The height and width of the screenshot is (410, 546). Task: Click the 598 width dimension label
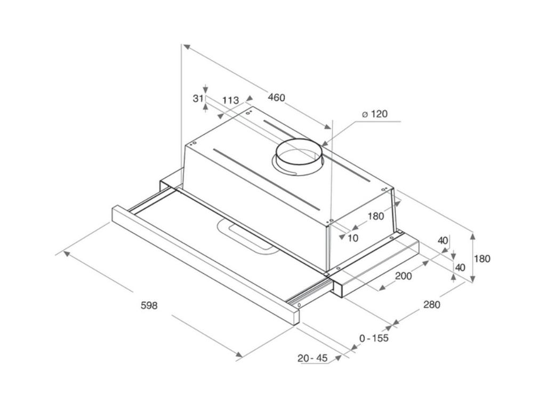tap(149, 305)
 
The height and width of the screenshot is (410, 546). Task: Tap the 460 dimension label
tap(277, 98)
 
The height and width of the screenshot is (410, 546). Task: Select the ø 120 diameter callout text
tap(375, 114)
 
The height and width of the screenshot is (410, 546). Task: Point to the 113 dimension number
tap(230, 100)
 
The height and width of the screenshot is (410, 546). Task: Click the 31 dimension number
tap(198, 99)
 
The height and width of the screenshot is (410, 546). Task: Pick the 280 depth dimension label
tap(432, 305)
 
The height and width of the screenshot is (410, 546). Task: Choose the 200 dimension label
tap(404, 276)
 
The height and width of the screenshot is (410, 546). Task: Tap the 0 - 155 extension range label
tap(374, 338)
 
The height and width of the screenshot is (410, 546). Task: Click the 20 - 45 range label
tap(312, 358)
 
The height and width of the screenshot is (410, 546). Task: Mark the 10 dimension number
tap(353, 238)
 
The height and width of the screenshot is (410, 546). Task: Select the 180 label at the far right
tap(482, 259)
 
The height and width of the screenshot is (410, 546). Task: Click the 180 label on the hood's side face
tap(376, 216)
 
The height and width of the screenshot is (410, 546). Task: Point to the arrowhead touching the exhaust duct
tap(324, 143)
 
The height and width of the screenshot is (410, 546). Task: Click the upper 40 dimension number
tap(443, 241)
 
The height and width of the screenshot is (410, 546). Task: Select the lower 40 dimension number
tap(460, 267)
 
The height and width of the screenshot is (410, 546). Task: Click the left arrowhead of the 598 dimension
tap(66, 253)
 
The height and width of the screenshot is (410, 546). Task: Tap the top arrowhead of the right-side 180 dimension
tap(472, 237)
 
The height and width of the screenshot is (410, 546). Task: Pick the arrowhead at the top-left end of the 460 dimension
tap(187, 47)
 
